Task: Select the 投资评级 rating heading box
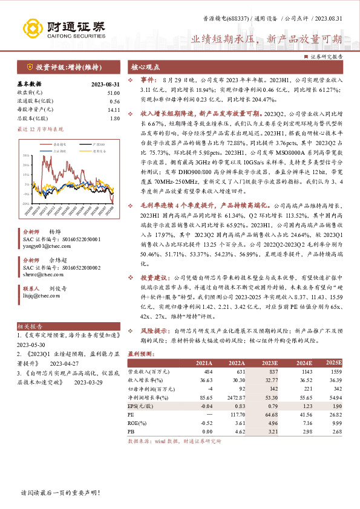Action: click(x=66, y=66)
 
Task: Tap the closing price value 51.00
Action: click(x=113, y=92)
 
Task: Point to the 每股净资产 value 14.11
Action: click(x=113, y=109)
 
